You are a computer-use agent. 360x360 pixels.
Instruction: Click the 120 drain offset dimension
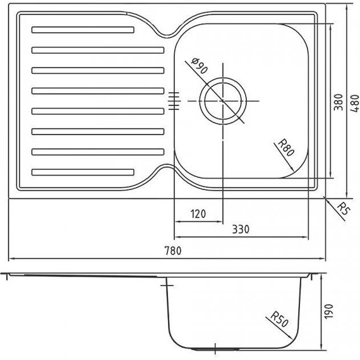198,213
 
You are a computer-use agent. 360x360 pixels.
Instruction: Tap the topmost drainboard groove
83,30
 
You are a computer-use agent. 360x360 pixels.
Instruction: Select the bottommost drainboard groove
83,171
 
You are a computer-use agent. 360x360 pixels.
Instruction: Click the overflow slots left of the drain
174,101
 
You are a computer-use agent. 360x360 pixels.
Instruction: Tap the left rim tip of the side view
5,275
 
